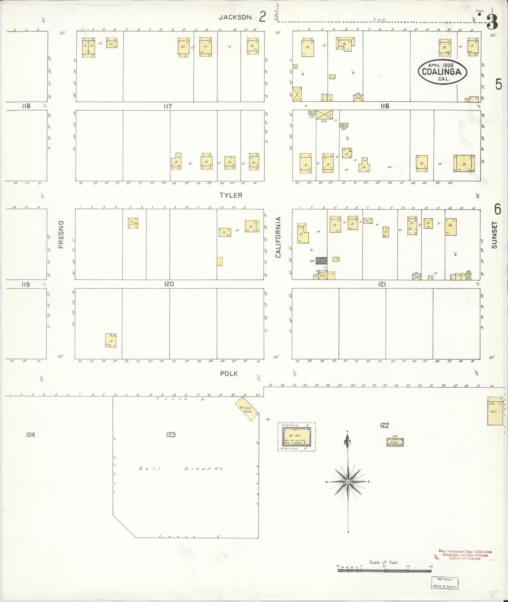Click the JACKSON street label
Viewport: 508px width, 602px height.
click(235, 17)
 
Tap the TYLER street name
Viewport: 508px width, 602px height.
click(231, 195)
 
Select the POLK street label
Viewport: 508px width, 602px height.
click(229, 374)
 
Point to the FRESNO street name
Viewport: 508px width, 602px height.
click(61, 234)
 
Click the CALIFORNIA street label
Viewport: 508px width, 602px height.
click(278, 237)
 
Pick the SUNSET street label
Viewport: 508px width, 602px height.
click(494, 235)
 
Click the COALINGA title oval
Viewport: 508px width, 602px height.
click(442, 72)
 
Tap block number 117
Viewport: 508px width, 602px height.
click(168, 106)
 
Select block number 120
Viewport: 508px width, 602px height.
click(169, 284)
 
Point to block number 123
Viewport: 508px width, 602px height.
click(170, 435)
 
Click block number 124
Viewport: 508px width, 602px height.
click(31, 435)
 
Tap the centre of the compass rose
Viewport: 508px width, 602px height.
click(348, 491)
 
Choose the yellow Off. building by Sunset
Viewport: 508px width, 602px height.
click(495, 411)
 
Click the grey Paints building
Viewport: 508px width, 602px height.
click(322, 260)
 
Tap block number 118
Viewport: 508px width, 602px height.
click(26, 106)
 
